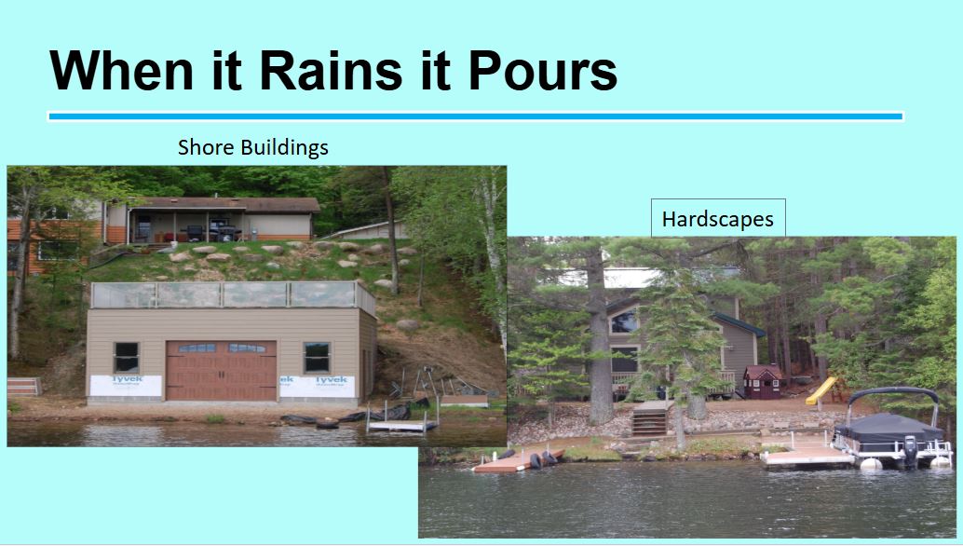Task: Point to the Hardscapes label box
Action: [x=718, y=218]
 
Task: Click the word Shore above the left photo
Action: [x=206, y=147]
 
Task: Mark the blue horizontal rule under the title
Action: [x=476, y=116]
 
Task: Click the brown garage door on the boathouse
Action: [x=221, y=370]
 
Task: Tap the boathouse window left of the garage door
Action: [x=127, y=357]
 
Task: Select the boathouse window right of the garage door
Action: [x=317, y=357]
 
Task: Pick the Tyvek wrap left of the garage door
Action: [x=126, y=386]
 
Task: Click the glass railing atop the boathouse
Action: [x=233, y=294]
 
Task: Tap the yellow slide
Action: [x=821, y=390]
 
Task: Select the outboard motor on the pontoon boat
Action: [x=910, y=451]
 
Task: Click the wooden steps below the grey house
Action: [x=650, y=419]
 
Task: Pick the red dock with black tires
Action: [x=518, y=460]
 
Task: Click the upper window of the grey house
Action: [x=624, y=321]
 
